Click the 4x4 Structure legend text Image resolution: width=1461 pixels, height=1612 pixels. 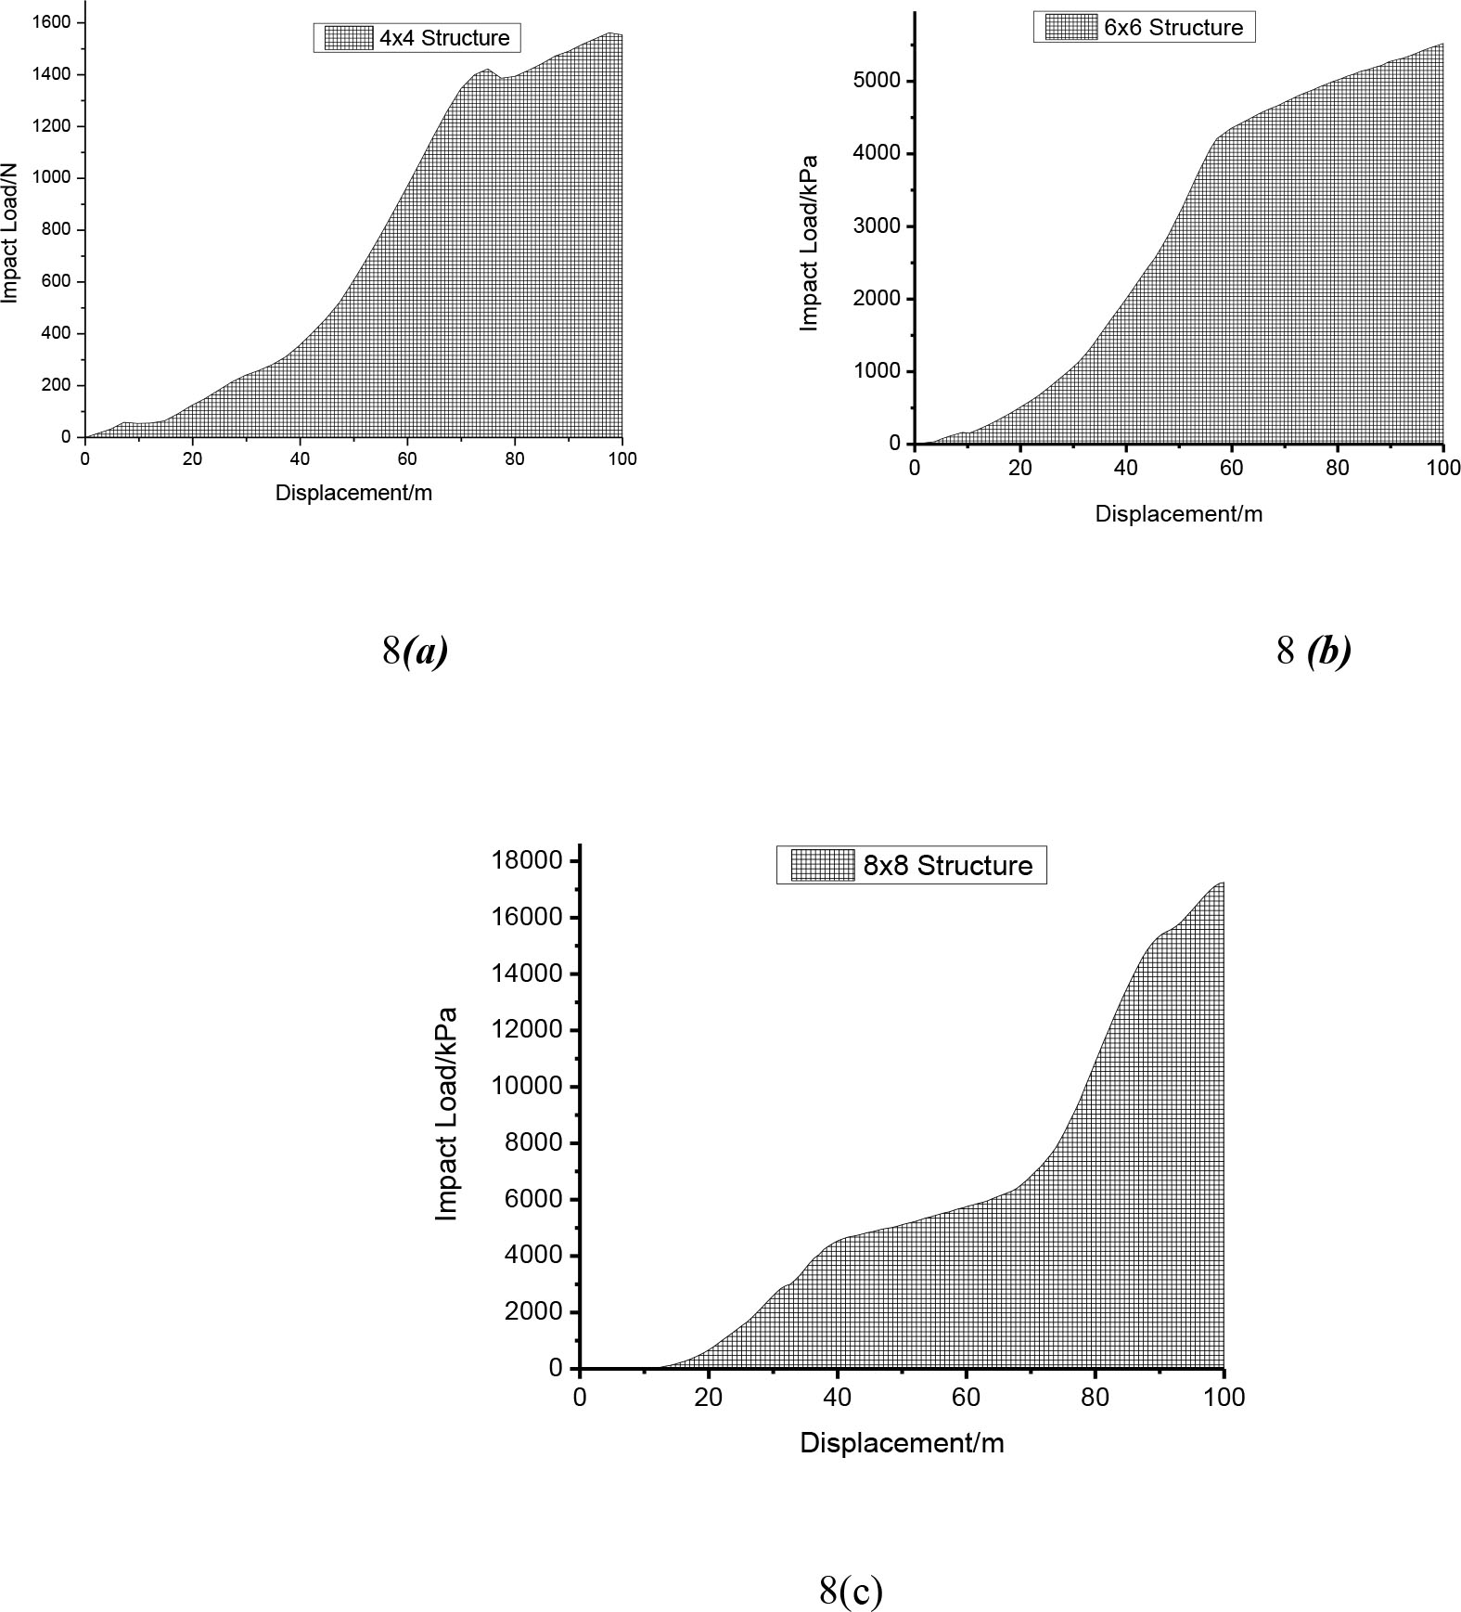pos(444,38)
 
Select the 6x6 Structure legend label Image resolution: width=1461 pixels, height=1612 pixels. pos(1173,27)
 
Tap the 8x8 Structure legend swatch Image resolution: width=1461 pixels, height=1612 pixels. pos(822,865)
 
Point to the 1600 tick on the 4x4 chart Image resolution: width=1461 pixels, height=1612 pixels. pos(51,22)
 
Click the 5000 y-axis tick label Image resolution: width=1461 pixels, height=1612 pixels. pos(876,81)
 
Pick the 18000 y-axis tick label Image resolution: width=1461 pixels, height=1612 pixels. pos(527,860)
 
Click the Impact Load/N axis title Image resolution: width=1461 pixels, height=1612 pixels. pos(10,232)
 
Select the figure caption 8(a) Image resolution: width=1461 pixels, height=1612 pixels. pos(415,651)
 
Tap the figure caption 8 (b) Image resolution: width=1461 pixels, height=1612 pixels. pos(1314,651)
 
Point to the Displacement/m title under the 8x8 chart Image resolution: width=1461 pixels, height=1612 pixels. pos(902,1442)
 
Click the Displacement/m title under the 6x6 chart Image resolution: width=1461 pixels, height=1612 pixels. pos(1178,514)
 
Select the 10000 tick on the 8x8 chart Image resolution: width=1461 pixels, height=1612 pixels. pos(527,1086)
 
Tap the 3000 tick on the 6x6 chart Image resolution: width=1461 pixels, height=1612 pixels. pos(876,226)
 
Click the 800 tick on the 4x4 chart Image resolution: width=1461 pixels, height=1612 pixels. pos(55,229)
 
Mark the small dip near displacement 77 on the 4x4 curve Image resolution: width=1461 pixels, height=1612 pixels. pos(502,79)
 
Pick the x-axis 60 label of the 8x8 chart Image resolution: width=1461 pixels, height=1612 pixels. pos(966,1397)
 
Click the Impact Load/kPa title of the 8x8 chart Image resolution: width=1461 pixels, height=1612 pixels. pos(446,1114)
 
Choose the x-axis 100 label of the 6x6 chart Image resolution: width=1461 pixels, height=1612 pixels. pos(1442,468)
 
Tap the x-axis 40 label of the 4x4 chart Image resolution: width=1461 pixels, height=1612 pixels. pos(300,458)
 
